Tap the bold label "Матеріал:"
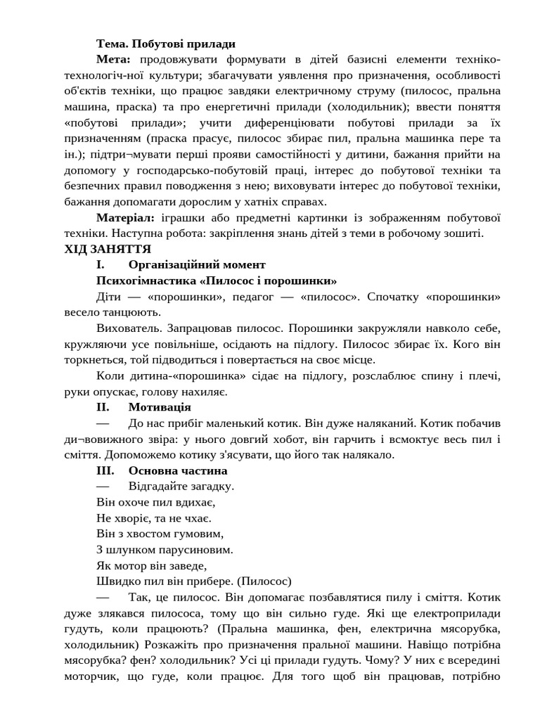127,217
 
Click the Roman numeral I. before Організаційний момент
101,264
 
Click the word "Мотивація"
160,406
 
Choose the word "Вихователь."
131,328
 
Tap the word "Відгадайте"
162,486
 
